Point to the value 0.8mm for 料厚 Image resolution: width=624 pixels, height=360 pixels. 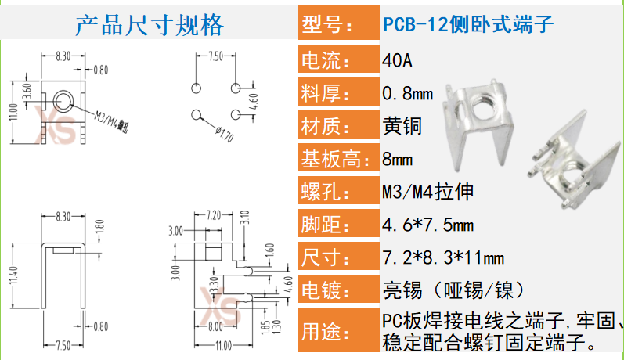407,93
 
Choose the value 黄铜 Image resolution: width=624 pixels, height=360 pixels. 402,126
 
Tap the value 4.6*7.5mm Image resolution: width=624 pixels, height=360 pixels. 427,225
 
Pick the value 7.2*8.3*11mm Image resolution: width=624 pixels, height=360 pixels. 442,258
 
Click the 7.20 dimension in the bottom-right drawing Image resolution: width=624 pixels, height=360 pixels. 211,214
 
